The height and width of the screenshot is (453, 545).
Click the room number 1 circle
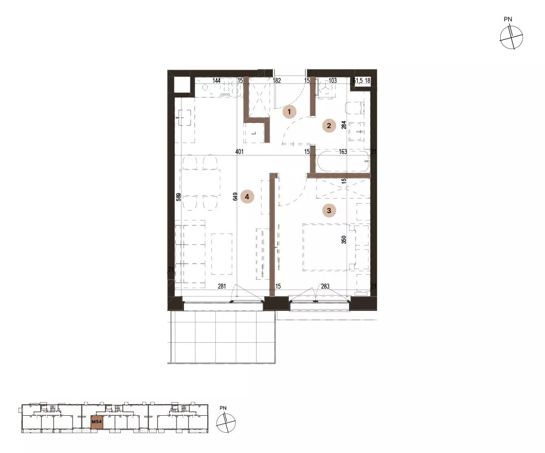(289, 112)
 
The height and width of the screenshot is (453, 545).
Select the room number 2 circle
(329, 126)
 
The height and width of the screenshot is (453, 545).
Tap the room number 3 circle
(329, 210)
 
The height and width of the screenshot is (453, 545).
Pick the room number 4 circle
(247, 197)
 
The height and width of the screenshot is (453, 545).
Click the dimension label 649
(235, 197)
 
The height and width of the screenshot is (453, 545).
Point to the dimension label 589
(179, 197)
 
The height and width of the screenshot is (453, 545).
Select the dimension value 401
(239, 151)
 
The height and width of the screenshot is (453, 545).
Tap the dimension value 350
(344, 239)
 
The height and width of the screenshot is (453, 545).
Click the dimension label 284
(344, 125)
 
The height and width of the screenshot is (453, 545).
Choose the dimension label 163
(343, 151)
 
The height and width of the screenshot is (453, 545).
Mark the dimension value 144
(216, 80)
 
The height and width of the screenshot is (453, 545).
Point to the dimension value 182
(276, 80)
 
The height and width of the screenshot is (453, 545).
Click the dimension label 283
(325, 287)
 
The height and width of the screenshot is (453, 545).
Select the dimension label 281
(222, 287)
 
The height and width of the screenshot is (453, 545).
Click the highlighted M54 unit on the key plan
(96, 422)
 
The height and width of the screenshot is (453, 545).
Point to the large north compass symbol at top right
(511, 37)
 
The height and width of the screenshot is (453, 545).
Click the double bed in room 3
(329, 247)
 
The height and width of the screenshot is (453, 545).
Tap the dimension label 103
(333, 80)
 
